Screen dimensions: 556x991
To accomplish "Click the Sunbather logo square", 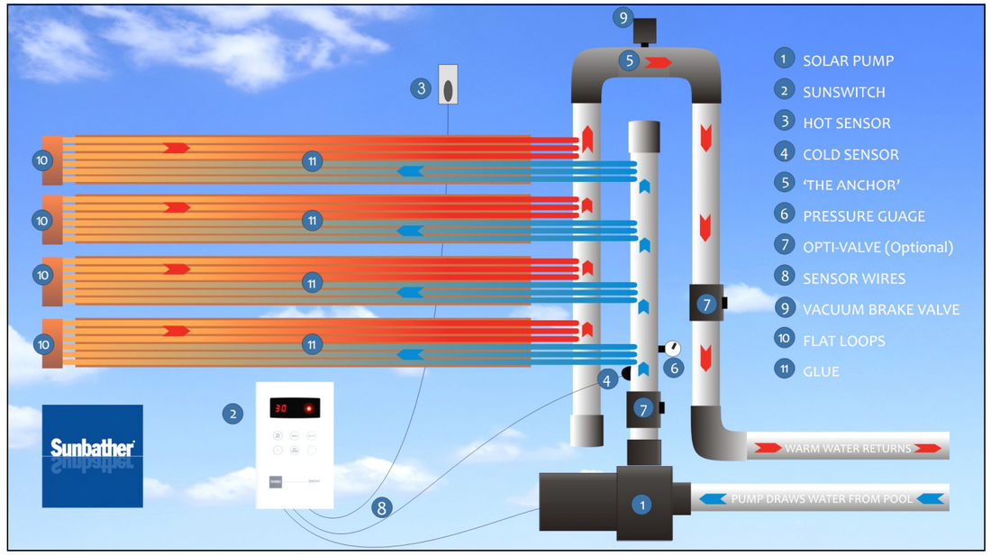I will coord(92,455).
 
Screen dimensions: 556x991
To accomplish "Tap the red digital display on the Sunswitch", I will coord(295,408).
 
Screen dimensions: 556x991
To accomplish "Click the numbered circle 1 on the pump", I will coord(641,506).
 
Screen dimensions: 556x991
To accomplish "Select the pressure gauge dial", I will coord(671,348).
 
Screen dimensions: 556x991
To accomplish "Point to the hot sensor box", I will coord(449,86).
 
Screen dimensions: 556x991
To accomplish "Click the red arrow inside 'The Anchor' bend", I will coord(659,62).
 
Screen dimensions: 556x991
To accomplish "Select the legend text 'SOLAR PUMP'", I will coord(848,61).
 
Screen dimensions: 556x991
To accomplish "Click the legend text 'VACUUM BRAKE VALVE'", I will coord(881,309).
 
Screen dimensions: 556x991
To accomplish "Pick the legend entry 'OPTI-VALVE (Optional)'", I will coord(877,247).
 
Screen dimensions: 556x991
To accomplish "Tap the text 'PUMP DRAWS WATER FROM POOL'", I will coord(822,498).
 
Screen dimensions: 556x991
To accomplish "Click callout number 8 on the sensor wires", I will coord(382,507).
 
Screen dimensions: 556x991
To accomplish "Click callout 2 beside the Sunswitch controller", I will coord(232,414).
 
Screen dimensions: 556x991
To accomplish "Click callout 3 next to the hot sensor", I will coord(420,88).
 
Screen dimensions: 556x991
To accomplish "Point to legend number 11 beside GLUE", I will coord(784,369).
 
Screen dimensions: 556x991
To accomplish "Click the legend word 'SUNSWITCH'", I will coord(843,92).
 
